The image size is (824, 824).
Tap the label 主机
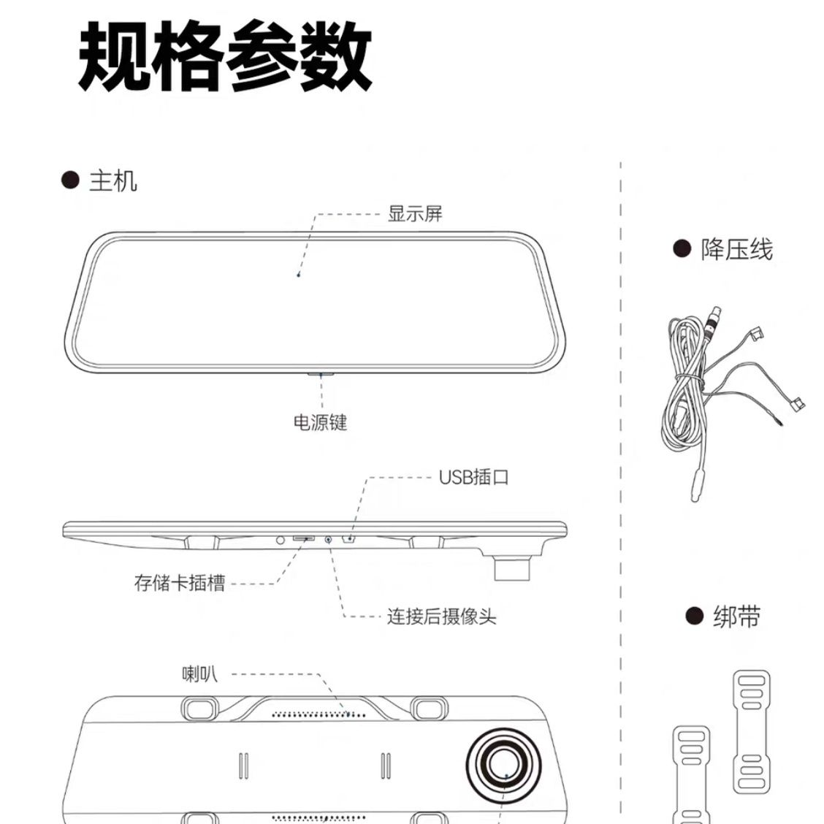tap(113, 180)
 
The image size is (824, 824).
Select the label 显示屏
tap(415, 214)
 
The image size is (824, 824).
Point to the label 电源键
tap(320, 422)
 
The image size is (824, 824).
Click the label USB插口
tap(473, 478)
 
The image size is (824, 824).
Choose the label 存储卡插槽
tap(180, 583)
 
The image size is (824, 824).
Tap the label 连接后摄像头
tap(441, 617)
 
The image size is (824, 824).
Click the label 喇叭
tap(199, 673)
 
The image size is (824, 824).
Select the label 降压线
tap(736, 250)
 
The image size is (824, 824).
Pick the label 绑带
tap(736, 617)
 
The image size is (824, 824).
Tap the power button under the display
tap(320, 374)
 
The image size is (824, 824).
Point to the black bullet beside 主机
tap(70, 180)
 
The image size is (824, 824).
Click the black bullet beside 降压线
tap(682, 249)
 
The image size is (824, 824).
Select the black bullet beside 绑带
tap(694, 616)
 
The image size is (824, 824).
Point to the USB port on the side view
tap(349, 540)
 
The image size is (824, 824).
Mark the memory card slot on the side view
tap(304, 539)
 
